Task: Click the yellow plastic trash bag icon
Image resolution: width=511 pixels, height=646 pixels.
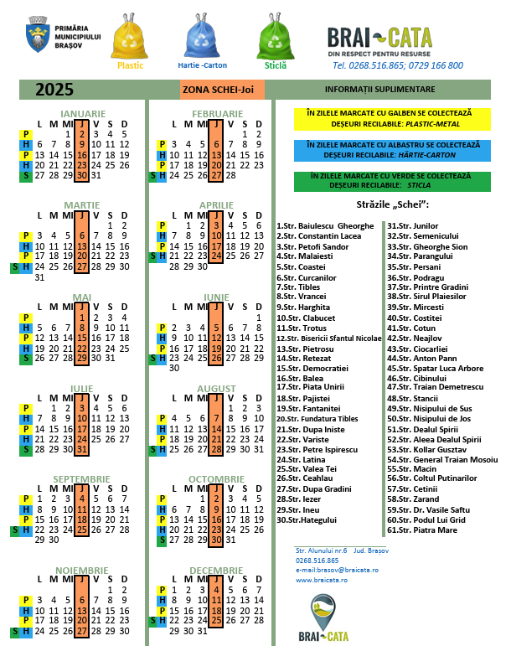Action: click(x=130, y=36)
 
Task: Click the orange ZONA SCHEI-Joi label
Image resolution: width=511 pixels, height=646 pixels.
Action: click(x=222, y=89)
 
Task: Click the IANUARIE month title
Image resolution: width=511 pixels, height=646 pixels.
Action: click(x=83, y=113)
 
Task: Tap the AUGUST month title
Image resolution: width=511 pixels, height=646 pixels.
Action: click(x=217, y=389)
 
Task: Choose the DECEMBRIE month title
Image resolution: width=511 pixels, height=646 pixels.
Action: click(x=217, y=571)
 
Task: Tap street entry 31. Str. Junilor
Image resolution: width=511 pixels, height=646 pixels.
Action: click(x=412, y=226)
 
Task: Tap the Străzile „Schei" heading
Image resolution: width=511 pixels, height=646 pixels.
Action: click(x=387, y=205)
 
